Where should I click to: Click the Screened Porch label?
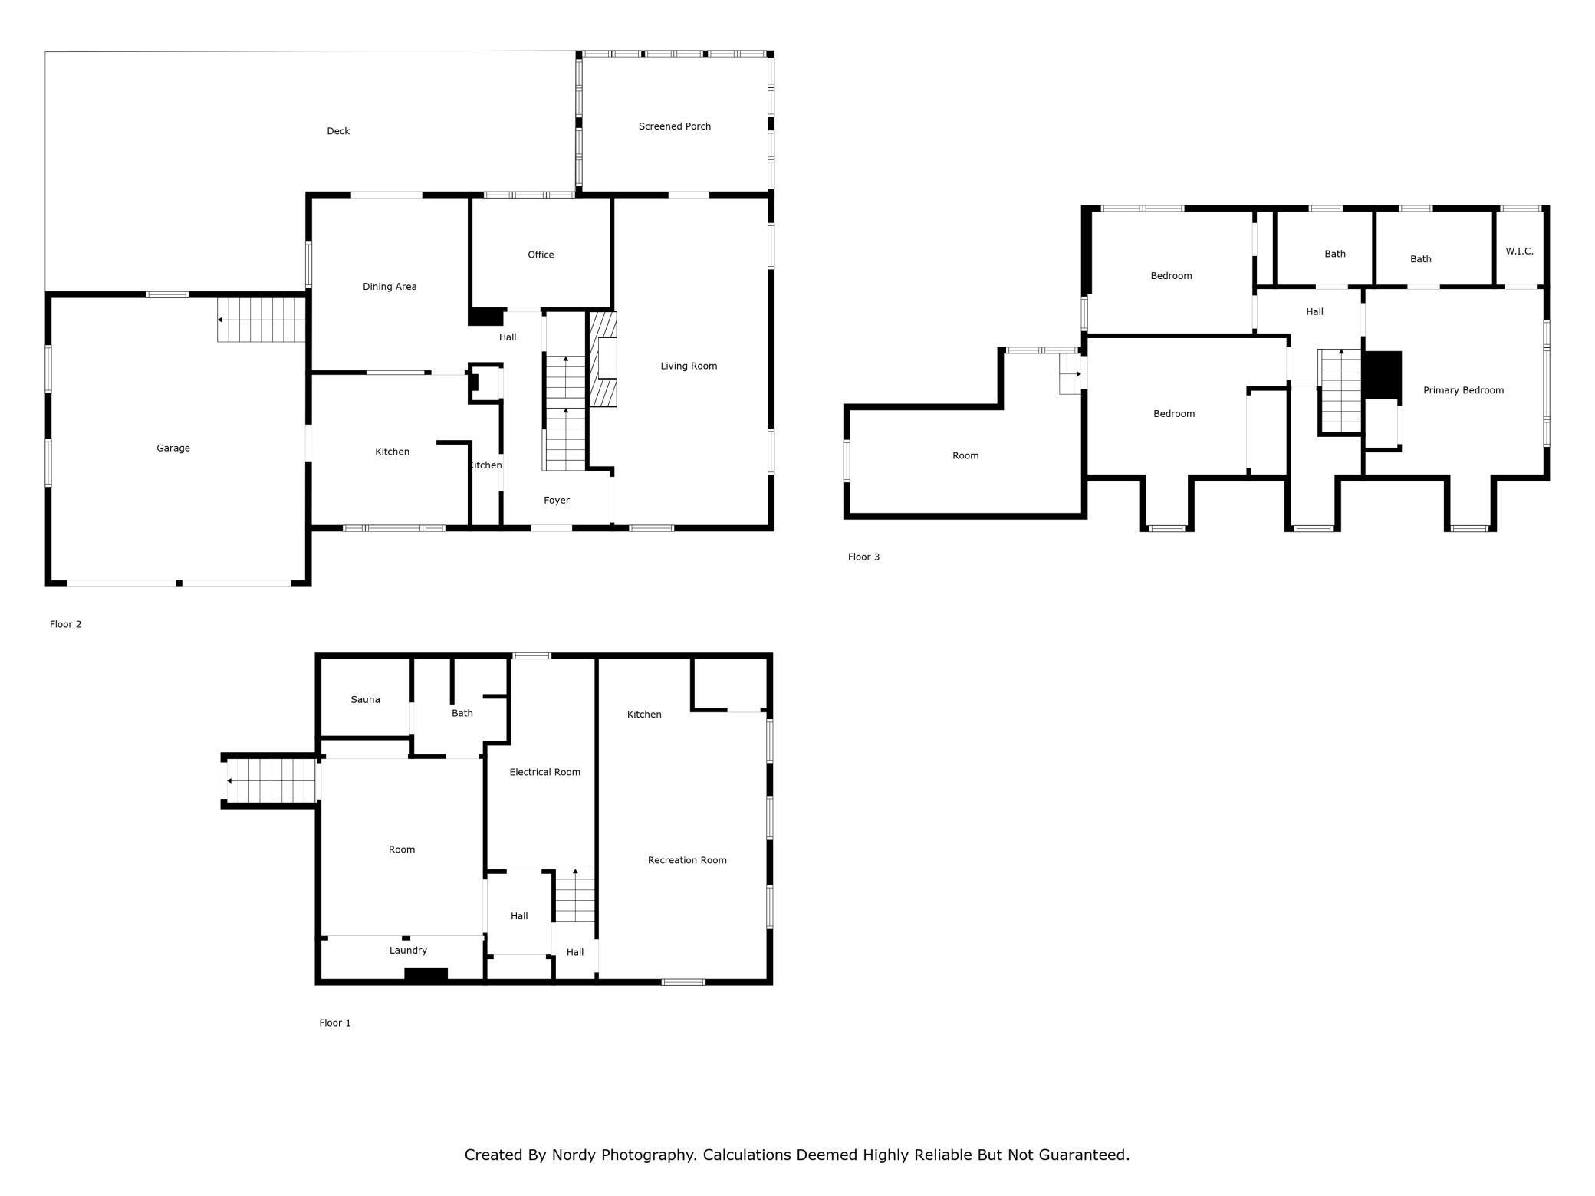point(675,127)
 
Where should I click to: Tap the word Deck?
point(338,131)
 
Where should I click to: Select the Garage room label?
point(173,449)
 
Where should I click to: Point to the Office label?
point(541,255)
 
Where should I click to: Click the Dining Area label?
point(390,287)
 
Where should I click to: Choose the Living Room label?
point(689,366)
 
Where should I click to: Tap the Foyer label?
point(557,501)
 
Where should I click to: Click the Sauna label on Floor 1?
point(365,700)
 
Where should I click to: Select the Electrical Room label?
point(544,773)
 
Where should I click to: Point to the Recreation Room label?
point(687,860)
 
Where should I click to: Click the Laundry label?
point(408,951)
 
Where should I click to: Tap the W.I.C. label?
point(1519,251)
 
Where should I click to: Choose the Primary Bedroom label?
point(1463,390)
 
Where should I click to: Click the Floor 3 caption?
point(863,557)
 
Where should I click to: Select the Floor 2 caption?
point(65,625)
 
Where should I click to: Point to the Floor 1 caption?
point(335,1024)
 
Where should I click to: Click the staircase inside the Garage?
point(261,320)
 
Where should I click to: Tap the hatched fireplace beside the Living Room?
point(603,359)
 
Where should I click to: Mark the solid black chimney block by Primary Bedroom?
point(1382,375)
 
